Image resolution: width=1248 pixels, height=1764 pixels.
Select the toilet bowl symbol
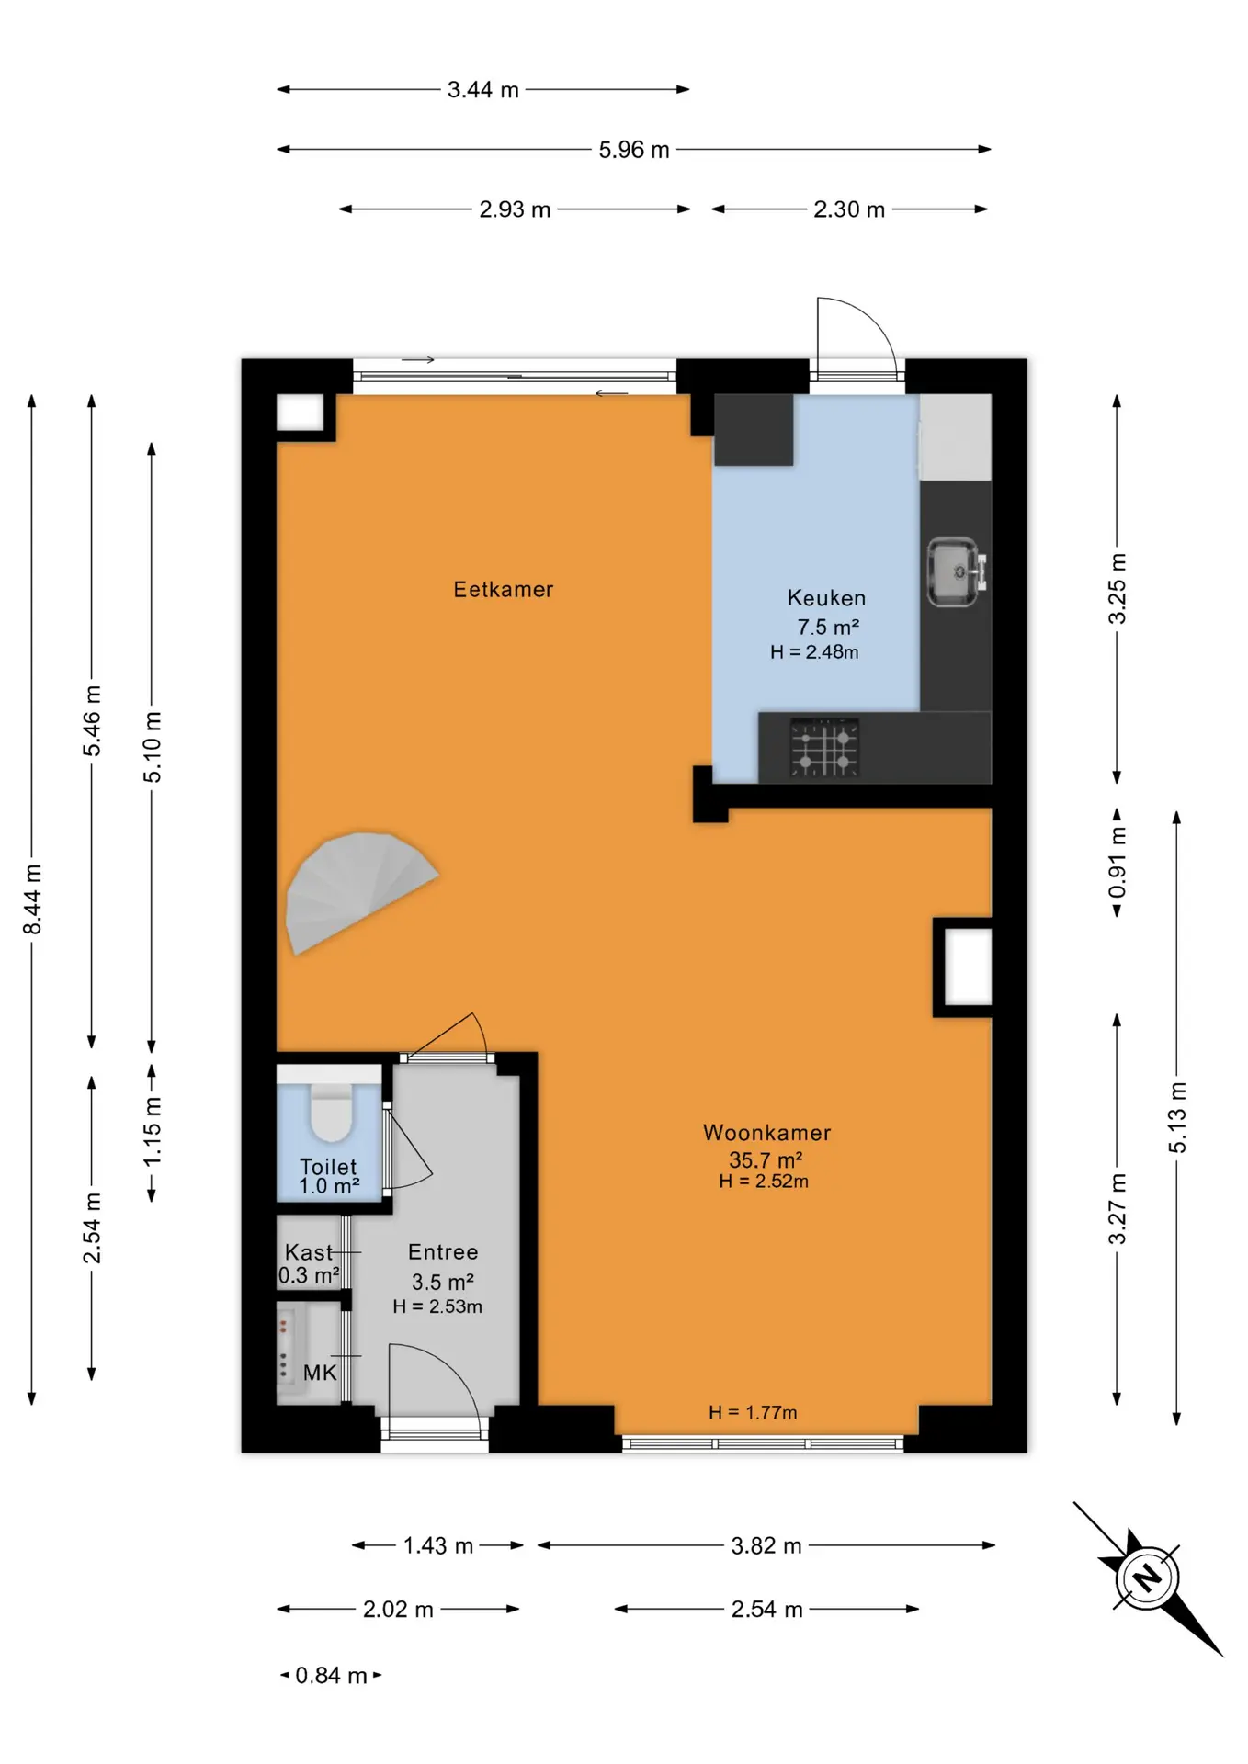pyautogui.click(x=331, y=1112)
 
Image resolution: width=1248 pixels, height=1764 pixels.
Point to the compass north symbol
pyautogui.click(x=1148, y=1578)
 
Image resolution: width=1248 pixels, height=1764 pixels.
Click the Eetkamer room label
pyautogui.click(x=504, y=590)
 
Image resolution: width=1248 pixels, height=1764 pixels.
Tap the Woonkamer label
pyautogui.click(x=767, y=1133)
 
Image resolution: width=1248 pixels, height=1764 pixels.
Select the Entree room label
pyautogui.click(x=443, y=1252)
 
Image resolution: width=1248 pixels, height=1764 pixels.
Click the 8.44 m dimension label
pyautogui.click(x=32, y=899)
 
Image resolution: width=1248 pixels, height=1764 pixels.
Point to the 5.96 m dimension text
pyautogui.click(x=634, y=150)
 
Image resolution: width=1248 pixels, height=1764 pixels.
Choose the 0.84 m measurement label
pyautogui.click(x=331, y=1676)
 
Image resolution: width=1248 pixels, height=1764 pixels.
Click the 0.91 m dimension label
pyautogui.click(x=1117, y=863)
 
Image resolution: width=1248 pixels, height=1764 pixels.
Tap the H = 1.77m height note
pyautogui.click(x=753, y=1412)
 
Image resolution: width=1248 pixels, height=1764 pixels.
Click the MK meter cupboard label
pyautogui.click(x=320, y=1373)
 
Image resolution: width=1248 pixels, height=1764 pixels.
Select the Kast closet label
pyautogui.click(x=309, y=1252)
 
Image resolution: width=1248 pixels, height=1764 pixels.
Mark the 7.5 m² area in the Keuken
pyautogui.click(x=828, y=627)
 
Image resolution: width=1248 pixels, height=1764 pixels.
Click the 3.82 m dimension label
pyautogui.click(x=766, y=1546)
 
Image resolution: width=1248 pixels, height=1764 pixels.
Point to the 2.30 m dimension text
pyautogui.click(x=849, y=209)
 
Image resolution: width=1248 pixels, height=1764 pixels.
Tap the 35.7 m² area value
pyautogui.click(x=766, y=1159)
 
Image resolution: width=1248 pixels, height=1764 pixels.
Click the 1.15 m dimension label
pyautogui.click(x=153, y=1132)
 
